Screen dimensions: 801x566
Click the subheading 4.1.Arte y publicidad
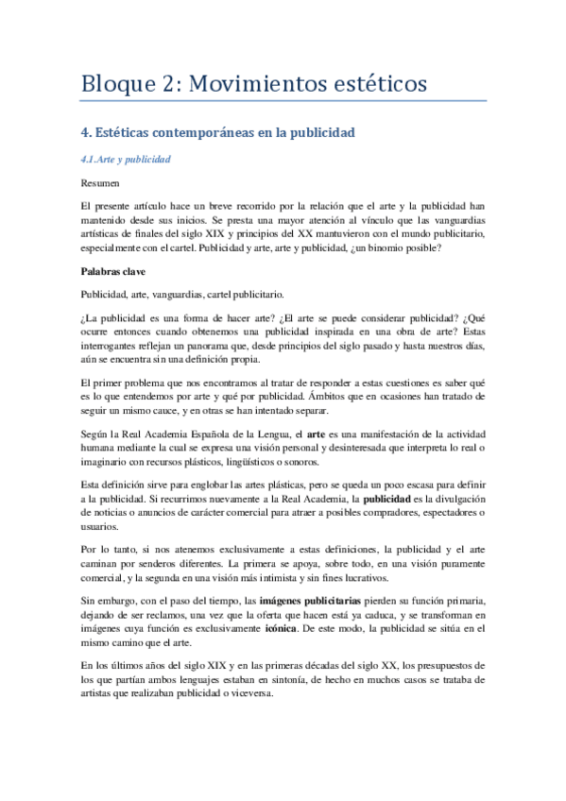126,160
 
